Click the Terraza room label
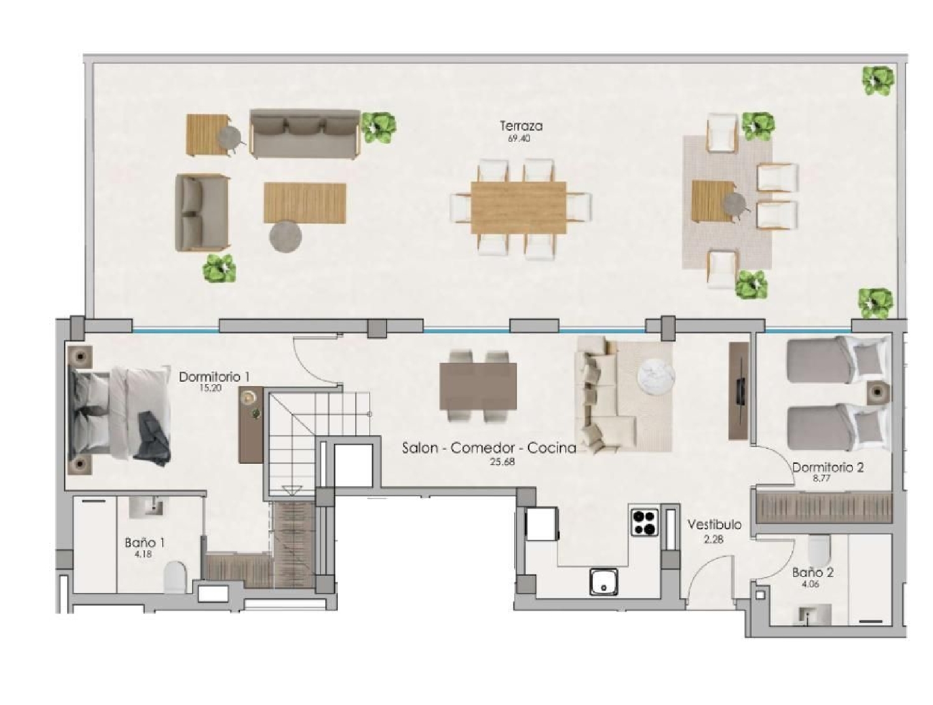521,126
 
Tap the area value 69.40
519,139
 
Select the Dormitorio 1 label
214,377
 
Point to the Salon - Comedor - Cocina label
489,448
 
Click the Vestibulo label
714,525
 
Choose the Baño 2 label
812,573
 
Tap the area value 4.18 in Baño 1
143,554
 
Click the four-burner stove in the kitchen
645,522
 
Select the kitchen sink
603,582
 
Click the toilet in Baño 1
175,576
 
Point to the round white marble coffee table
656,376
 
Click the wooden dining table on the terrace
518,208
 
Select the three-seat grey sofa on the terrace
305,134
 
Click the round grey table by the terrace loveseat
285,237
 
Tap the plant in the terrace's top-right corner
878,81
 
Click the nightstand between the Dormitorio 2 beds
878,392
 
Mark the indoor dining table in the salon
478,386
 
